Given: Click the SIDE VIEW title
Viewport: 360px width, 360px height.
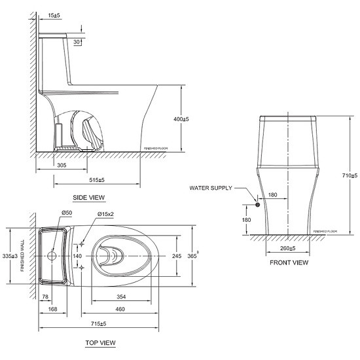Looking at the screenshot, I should [88, 196].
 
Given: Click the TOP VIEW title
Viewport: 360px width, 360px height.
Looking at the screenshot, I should [100, 343].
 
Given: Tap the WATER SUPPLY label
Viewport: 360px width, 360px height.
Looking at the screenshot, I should [210, 188].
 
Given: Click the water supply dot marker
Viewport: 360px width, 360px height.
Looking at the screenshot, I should [258, 205].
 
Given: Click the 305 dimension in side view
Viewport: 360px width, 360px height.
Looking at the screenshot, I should [60, 166].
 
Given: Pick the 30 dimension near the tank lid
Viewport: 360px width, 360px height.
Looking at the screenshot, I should [77, 42].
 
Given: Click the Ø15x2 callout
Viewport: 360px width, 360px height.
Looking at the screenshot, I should [105, 214].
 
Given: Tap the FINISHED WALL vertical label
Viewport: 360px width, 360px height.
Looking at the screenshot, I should [23, 256].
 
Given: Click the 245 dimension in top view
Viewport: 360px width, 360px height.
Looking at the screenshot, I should [177, 256].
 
